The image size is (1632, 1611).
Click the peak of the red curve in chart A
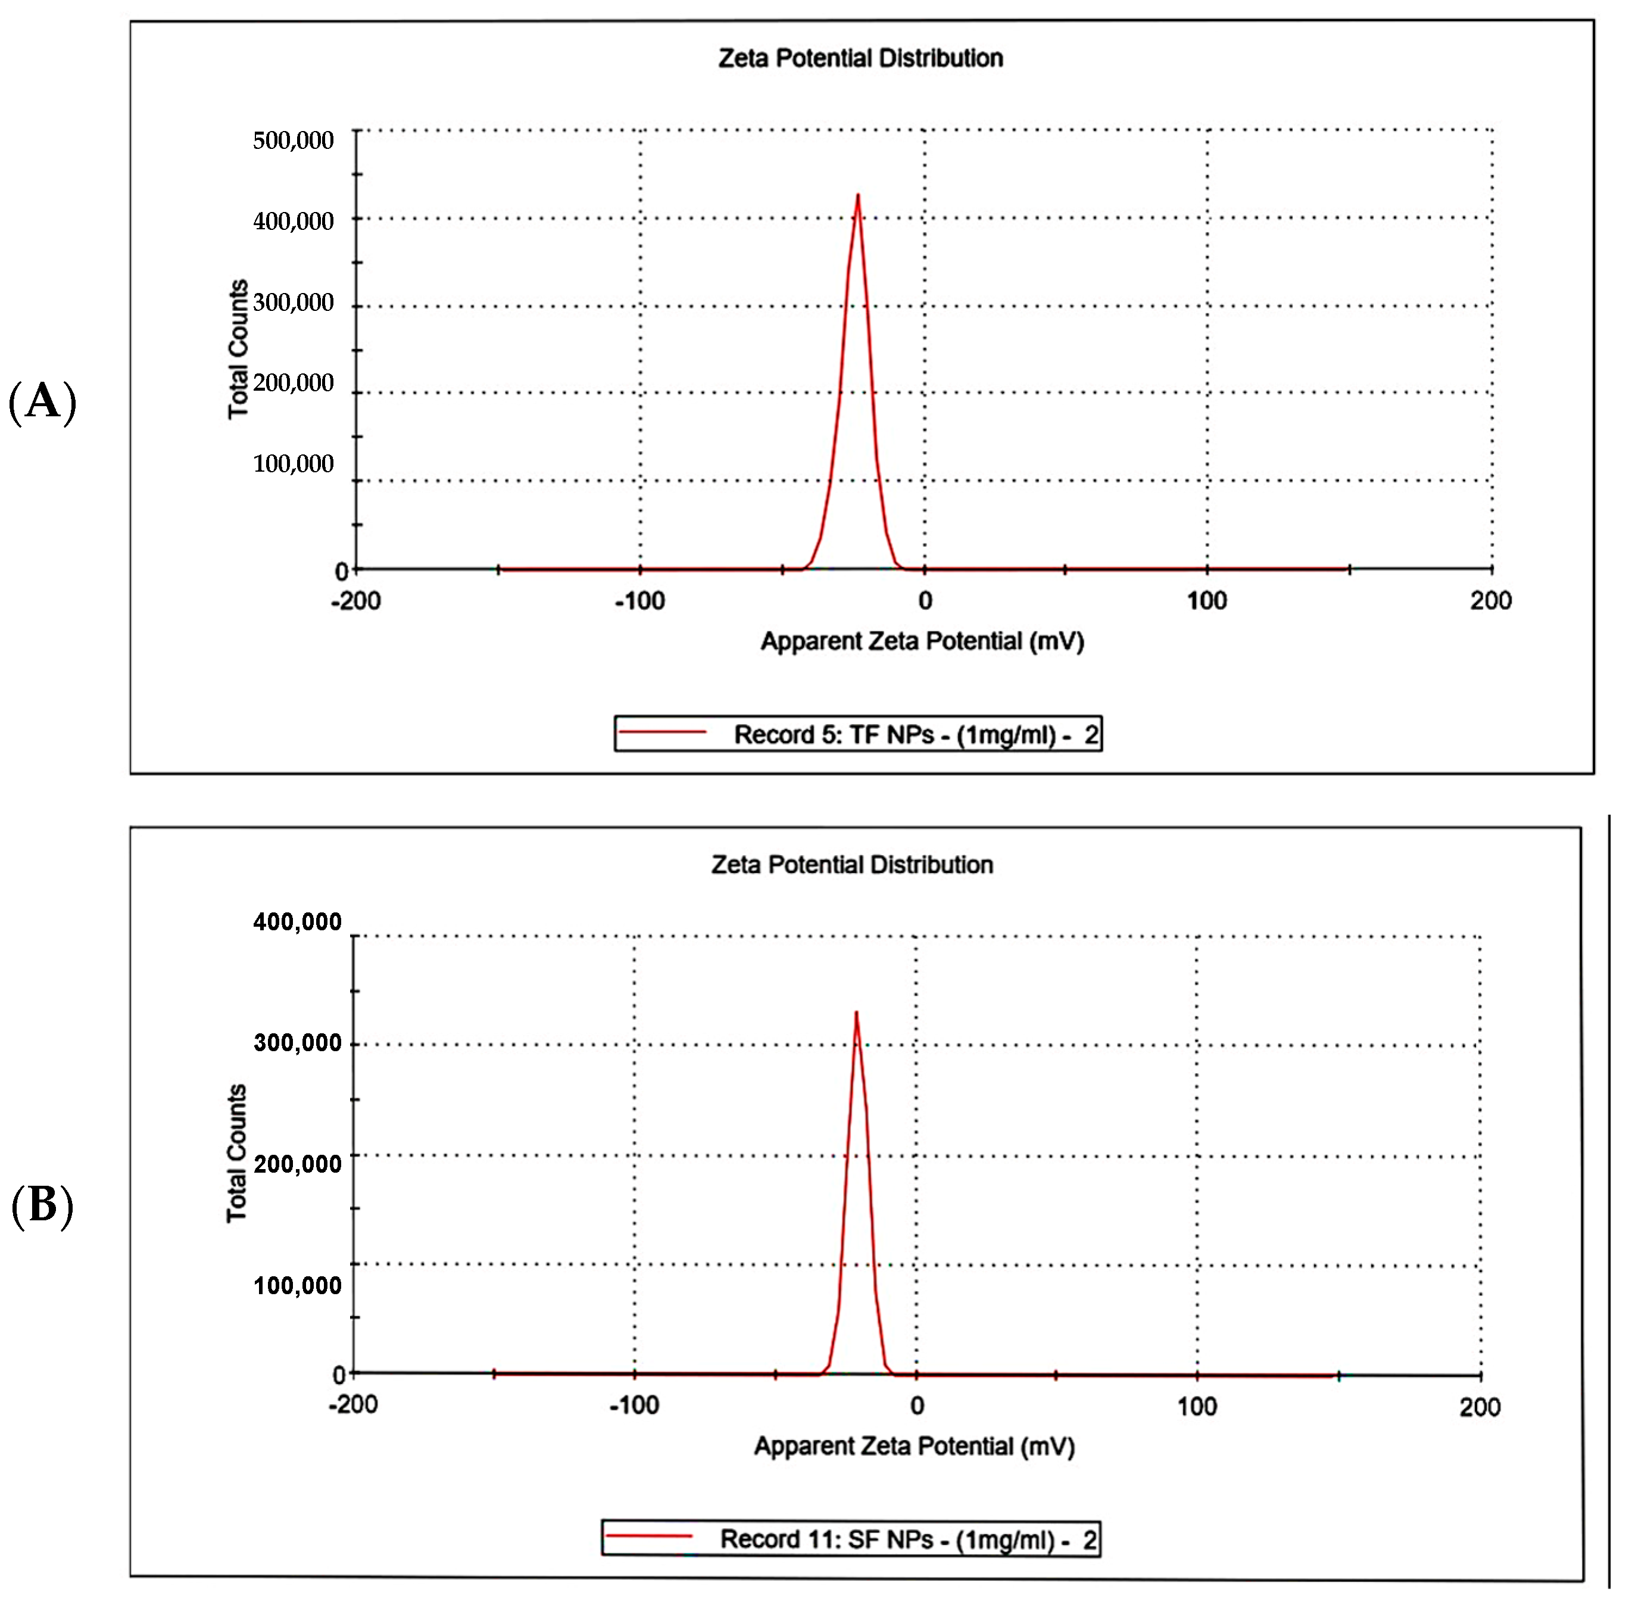coord(858,196)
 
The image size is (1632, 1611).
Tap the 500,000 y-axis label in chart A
coord(293,140)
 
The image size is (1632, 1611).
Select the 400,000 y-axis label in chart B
coord(297,922)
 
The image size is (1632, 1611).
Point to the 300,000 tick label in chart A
coord(293,303)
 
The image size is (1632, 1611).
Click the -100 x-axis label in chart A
coord(639,602)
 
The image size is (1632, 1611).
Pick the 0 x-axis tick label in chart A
coord(926,602)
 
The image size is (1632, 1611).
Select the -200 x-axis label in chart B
coord(353,1405)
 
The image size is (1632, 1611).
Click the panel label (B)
coord(42,1205)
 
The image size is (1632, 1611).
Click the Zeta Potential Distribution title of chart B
coord(851,865)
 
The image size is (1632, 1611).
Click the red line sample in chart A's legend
coord(662,731)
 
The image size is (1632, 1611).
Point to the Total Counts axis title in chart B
coord(236,1153)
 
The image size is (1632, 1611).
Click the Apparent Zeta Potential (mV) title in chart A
coord(922,641)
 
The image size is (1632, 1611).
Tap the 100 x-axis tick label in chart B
coord(1197,1407)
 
